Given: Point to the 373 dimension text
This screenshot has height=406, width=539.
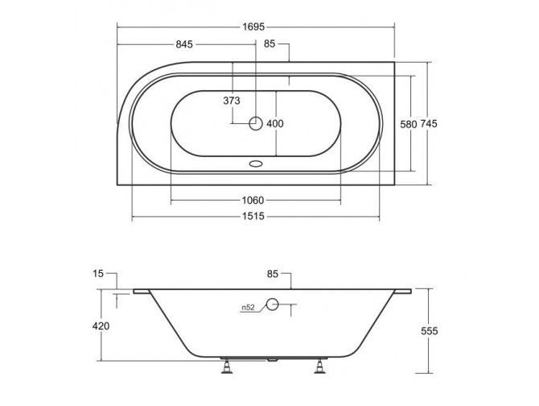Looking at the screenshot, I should pos(232,101).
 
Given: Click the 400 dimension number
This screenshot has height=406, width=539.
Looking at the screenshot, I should pos(275,123).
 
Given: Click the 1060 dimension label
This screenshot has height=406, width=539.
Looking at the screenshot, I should pos(255,200).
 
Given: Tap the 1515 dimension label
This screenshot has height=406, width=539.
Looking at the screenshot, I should pos(255,217).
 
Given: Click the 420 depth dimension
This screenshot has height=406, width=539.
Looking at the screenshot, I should pos(101,326).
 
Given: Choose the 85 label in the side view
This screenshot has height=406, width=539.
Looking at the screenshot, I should pos(273,275).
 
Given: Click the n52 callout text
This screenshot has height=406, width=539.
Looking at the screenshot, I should pos(249,307).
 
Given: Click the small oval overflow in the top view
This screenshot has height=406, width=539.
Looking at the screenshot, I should pos(257,162).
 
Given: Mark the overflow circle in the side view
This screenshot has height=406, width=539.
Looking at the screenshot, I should pos(272,304).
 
